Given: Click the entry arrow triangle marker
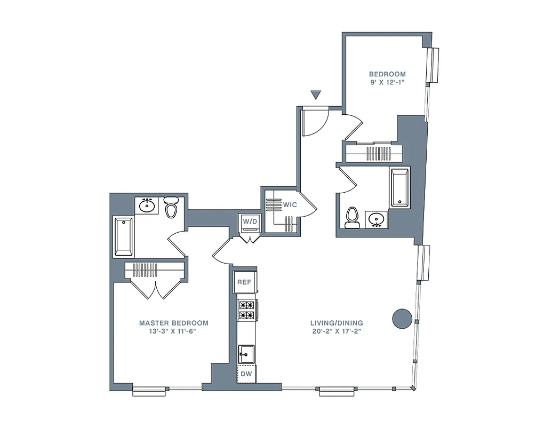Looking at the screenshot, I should tap(316, 95).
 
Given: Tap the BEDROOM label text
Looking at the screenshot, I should tap(388, 74).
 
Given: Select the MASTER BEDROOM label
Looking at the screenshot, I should tap(173, 323).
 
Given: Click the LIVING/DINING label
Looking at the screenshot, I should tap(337, 323).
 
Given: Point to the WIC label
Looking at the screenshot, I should tap(290, 205).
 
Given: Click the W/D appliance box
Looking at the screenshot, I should tap(249, 221).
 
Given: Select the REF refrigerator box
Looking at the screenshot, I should tap(244, 282).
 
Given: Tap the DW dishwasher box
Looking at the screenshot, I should tap(246, 374).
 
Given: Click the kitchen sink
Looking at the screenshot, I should tap(246, 353).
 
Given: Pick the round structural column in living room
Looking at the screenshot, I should tap(402, 319).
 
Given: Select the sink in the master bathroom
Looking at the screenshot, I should tap(147, 205).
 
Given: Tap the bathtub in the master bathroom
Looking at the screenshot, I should tap(123, 236).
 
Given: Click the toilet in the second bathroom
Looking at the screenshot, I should tap(351, 217).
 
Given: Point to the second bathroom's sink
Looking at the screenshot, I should tap(377, 219).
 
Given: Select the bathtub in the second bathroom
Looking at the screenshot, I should tap(399, 187).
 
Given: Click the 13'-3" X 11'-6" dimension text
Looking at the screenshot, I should tap(173, 331).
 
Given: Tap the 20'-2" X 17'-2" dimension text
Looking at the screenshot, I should tap(337, 331).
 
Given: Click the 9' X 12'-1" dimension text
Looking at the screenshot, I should tap(388, 83).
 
